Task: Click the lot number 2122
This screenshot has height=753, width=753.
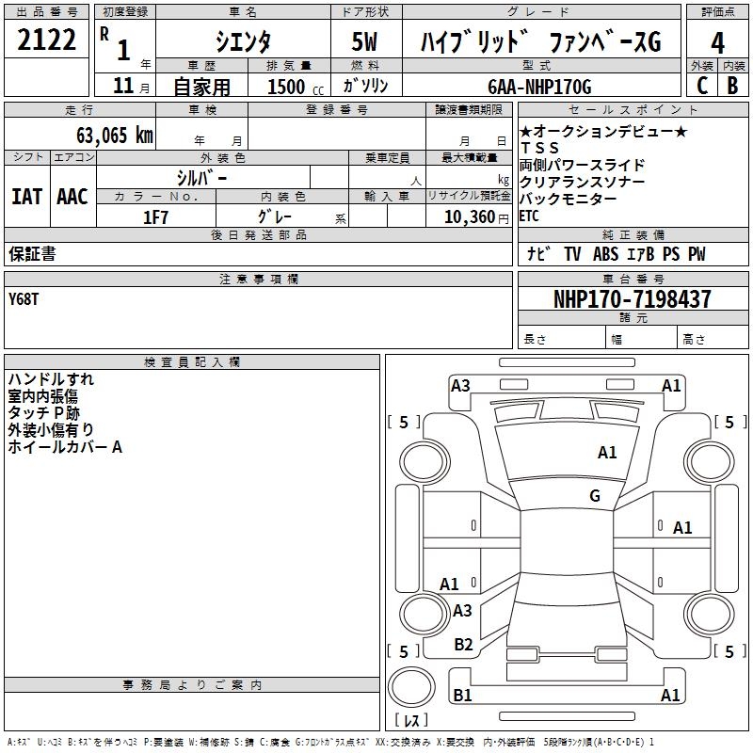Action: click(x=47, y=40)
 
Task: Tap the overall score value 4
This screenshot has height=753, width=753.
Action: click(x=717, y=42)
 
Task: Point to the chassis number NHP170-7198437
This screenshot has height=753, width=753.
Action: click(x=633, y=299)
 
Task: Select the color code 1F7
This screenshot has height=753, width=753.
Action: click(x=155, y=216)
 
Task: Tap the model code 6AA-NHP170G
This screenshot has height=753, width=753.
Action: click(x=539, y=87)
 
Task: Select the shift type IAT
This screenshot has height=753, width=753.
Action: click(x=26, y=197)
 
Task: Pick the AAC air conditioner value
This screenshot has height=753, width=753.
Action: click(x=72, y=197)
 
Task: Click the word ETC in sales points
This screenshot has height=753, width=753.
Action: click(x=530, y=216)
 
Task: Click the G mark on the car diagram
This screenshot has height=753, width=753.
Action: click(x=595, y=495)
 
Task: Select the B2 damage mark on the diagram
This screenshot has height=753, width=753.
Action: click(x=463, y=644)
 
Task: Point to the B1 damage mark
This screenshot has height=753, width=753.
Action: click(x=462, y=696)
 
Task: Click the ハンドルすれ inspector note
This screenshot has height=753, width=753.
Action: click(x=51, y=379)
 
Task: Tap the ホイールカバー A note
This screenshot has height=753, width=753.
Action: click(x=65, y=447)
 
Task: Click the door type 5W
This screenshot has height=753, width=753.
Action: click(x=366, y=41)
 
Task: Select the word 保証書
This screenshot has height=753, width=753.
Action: click(x=32, y=254)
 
